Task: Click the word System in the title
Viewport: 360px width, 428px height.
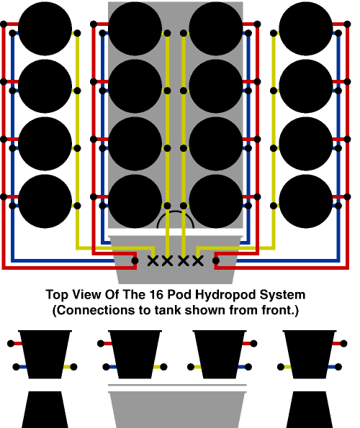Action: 282,295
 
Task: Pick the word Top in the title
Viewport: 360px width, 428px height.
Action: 56,295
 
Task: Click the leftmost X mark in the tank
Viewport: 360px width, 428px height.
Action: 153,261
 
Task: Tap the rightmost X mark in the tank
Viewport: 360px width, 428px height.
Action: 198,261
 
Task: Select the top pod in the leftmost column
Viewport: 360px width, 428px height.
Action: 45,28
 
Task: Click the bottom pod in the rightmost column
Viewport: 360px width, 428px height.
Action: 306,201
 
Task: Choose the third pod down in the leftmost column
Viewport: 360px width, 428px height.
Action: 45,144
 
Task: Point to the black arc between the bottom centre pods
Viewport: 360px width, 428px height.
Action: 176,211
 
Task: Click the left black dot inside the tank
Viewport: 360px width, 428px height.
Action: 135,260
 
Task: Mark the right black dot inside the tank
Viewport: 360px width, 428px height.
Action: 216,260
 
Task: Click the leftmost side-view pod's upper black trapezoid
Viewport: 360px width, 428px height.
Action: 45,355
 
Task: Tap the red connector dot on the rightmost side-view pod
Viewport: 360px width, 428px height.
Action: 343,343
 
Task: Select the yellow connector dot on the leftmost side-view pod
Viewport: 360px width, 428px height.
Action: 73,367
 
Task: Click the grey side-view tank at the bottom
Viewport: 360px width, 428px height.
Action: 177,409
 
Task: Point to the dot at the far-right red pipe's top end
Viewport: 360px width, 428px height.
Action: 347,24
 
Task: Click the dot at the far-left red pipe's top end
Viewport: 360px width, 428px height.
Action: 4,24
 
